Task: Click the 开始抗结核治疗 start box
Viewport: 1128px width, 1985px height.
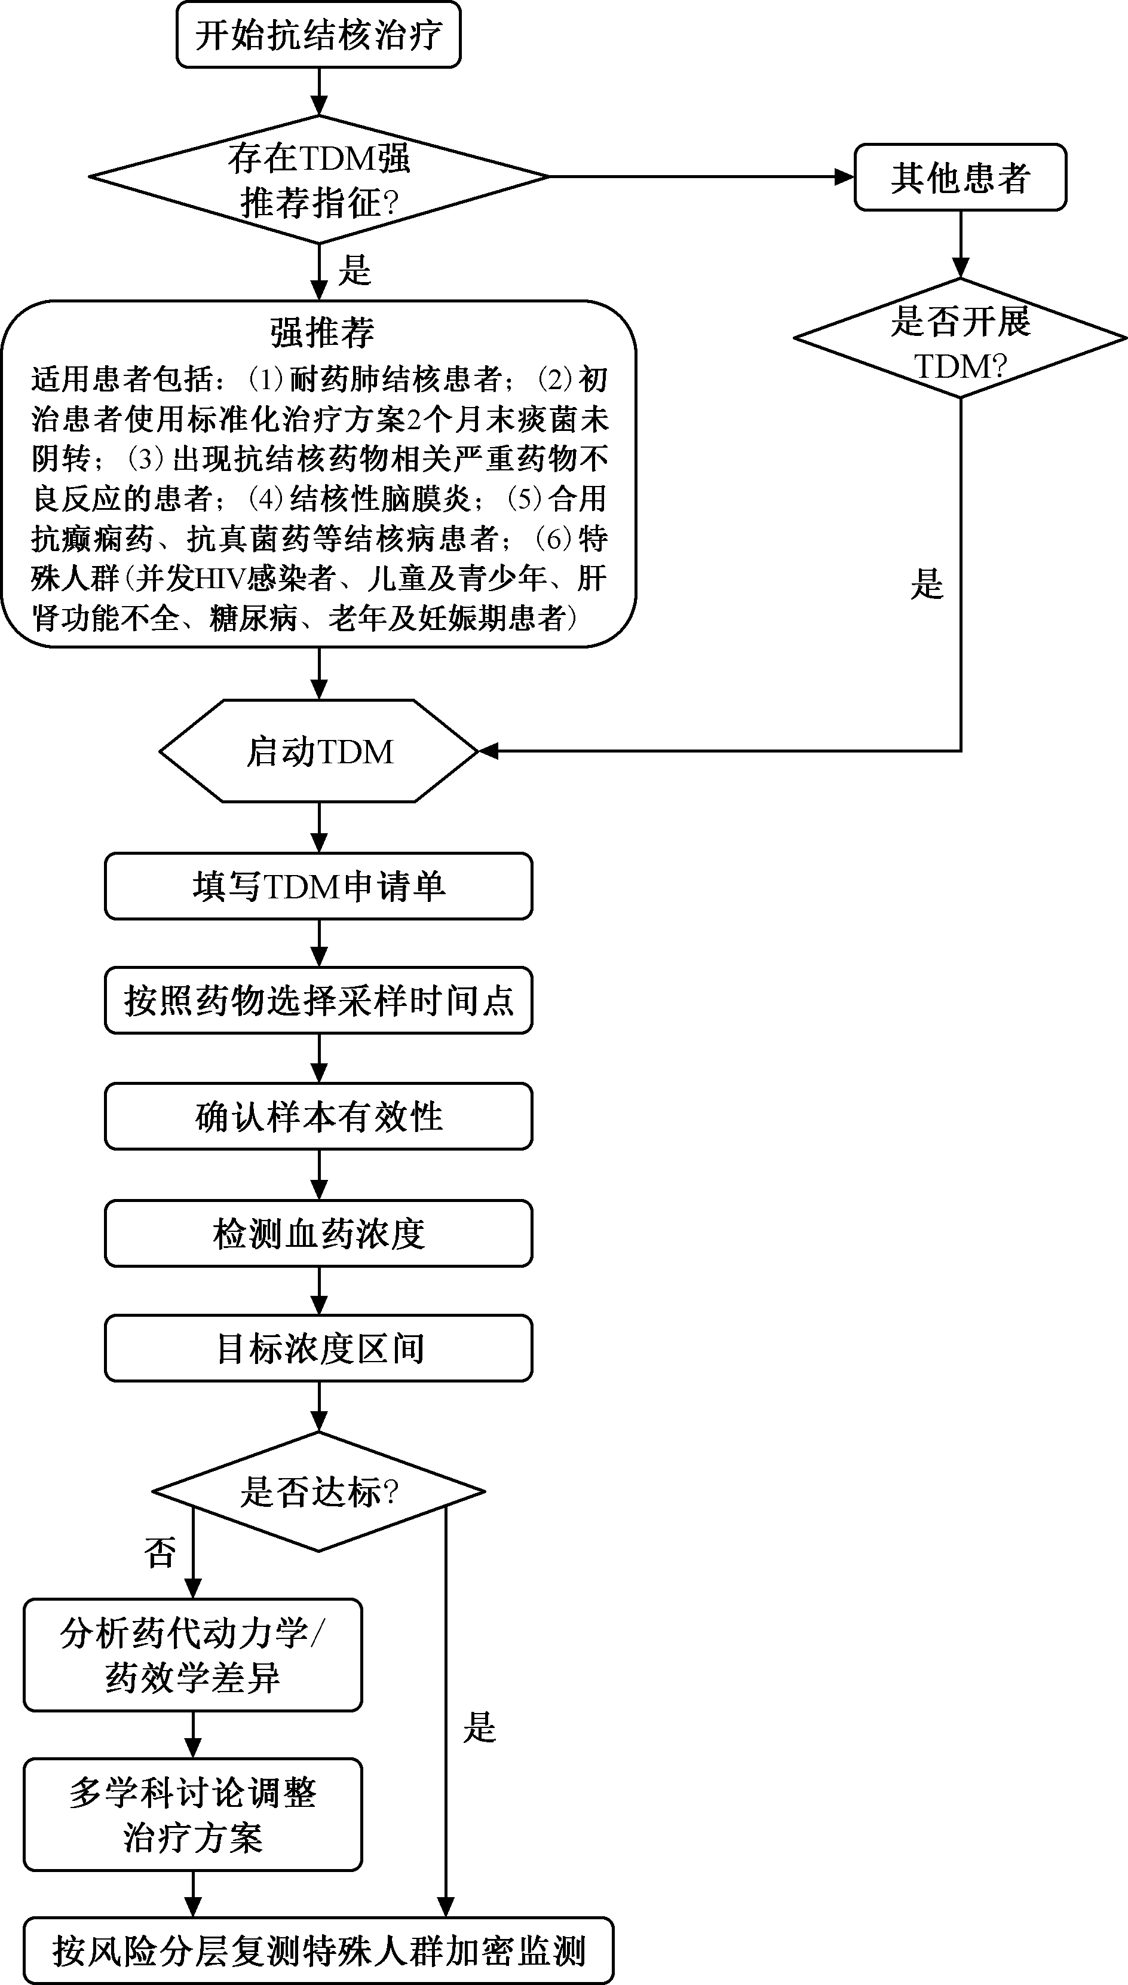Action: (318, 35)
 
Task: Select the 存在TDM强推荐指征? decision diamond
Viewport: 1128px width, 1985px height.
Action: (318, 178)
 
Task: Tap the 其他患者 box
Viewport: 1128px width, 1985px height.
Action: (960, 178)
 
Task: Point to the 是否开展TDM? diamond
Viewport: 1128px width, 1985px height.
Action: (960, 340)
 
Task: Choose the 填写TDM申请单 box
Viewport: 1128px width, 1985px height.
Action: (318, 886)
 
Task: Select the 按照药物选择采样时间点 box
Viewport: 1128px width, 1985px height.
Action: (318, 1000)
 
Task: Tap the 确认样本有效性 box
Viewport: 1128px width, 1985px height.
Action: (318, 1116)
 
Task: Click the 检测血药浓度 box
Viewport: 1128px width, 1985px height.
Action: (318, 1233)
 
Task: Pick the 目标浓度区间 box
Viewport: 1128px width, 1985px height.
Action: (318, 1348)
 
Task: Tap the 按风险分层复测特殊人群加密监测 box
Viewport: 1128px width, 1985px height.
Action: (318, 1950)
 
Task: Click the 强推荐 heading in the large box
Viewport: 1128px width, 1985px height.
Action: (321, 332)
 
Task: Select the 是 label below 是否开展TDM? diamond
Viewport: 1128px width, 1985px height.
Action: (927, 583)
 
